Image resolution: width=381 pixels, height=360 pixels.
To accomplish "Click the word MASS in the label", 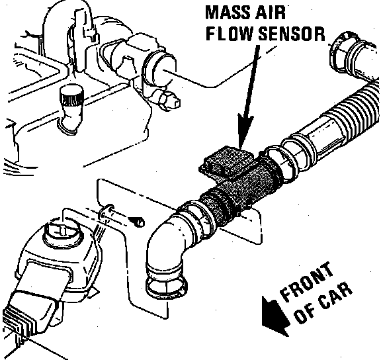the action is coord(227,12).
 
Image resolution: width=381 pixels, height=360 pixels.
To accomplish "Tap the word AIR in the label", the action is coord(270,12).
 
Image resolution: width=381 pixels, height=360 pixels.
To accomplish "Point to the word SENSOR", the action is coord(292,33).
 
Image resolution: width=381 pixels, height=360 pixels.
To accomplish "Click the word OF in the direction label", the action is coord(305,315).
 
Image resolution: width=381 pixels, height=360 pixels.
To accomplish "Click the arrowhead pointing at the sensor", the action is coord(245,131).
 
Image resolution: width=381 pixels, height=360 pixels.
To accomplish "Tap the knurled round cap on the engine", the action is coord(71,97).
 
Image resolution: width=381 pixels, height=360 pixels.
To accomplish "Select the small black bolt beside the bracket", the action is coord(139,222).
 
